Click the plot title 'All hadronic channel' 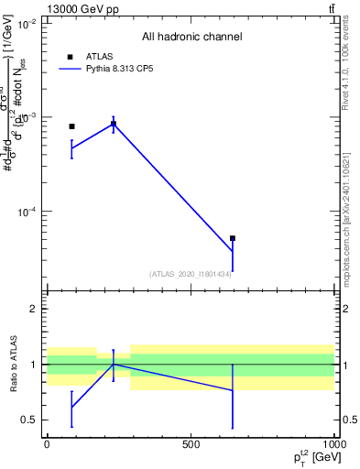click(x=191, y=38)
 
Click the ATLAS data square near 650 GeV click(x=233, y=238)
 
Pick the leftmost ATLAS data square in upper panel click(x=71, y=126)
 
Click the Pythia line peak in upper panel click(x=113, y=124)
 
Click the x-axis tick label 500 click(x=191, y=445)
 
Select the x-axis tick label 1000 click(x=333, y=445)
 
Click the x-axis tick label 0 click(x=47, y=445)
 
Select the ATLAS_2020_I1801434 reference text click(x=191, y=274)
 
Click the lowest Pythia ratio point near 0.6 click(x=71, y=407)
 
